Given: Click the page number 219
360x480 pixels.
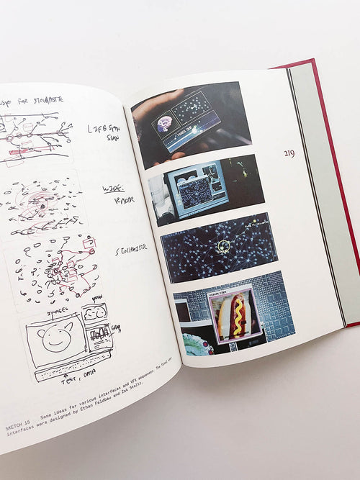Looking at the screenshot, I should pyautogui.click(x=289, y=153).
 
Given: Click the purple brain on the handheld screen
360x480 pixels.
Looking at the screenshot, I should pyautogui.click(x=165, y=122).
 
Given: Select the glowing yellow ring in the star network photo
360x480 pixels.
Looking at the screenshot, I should pyautogui.click(x=225, y=246).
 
